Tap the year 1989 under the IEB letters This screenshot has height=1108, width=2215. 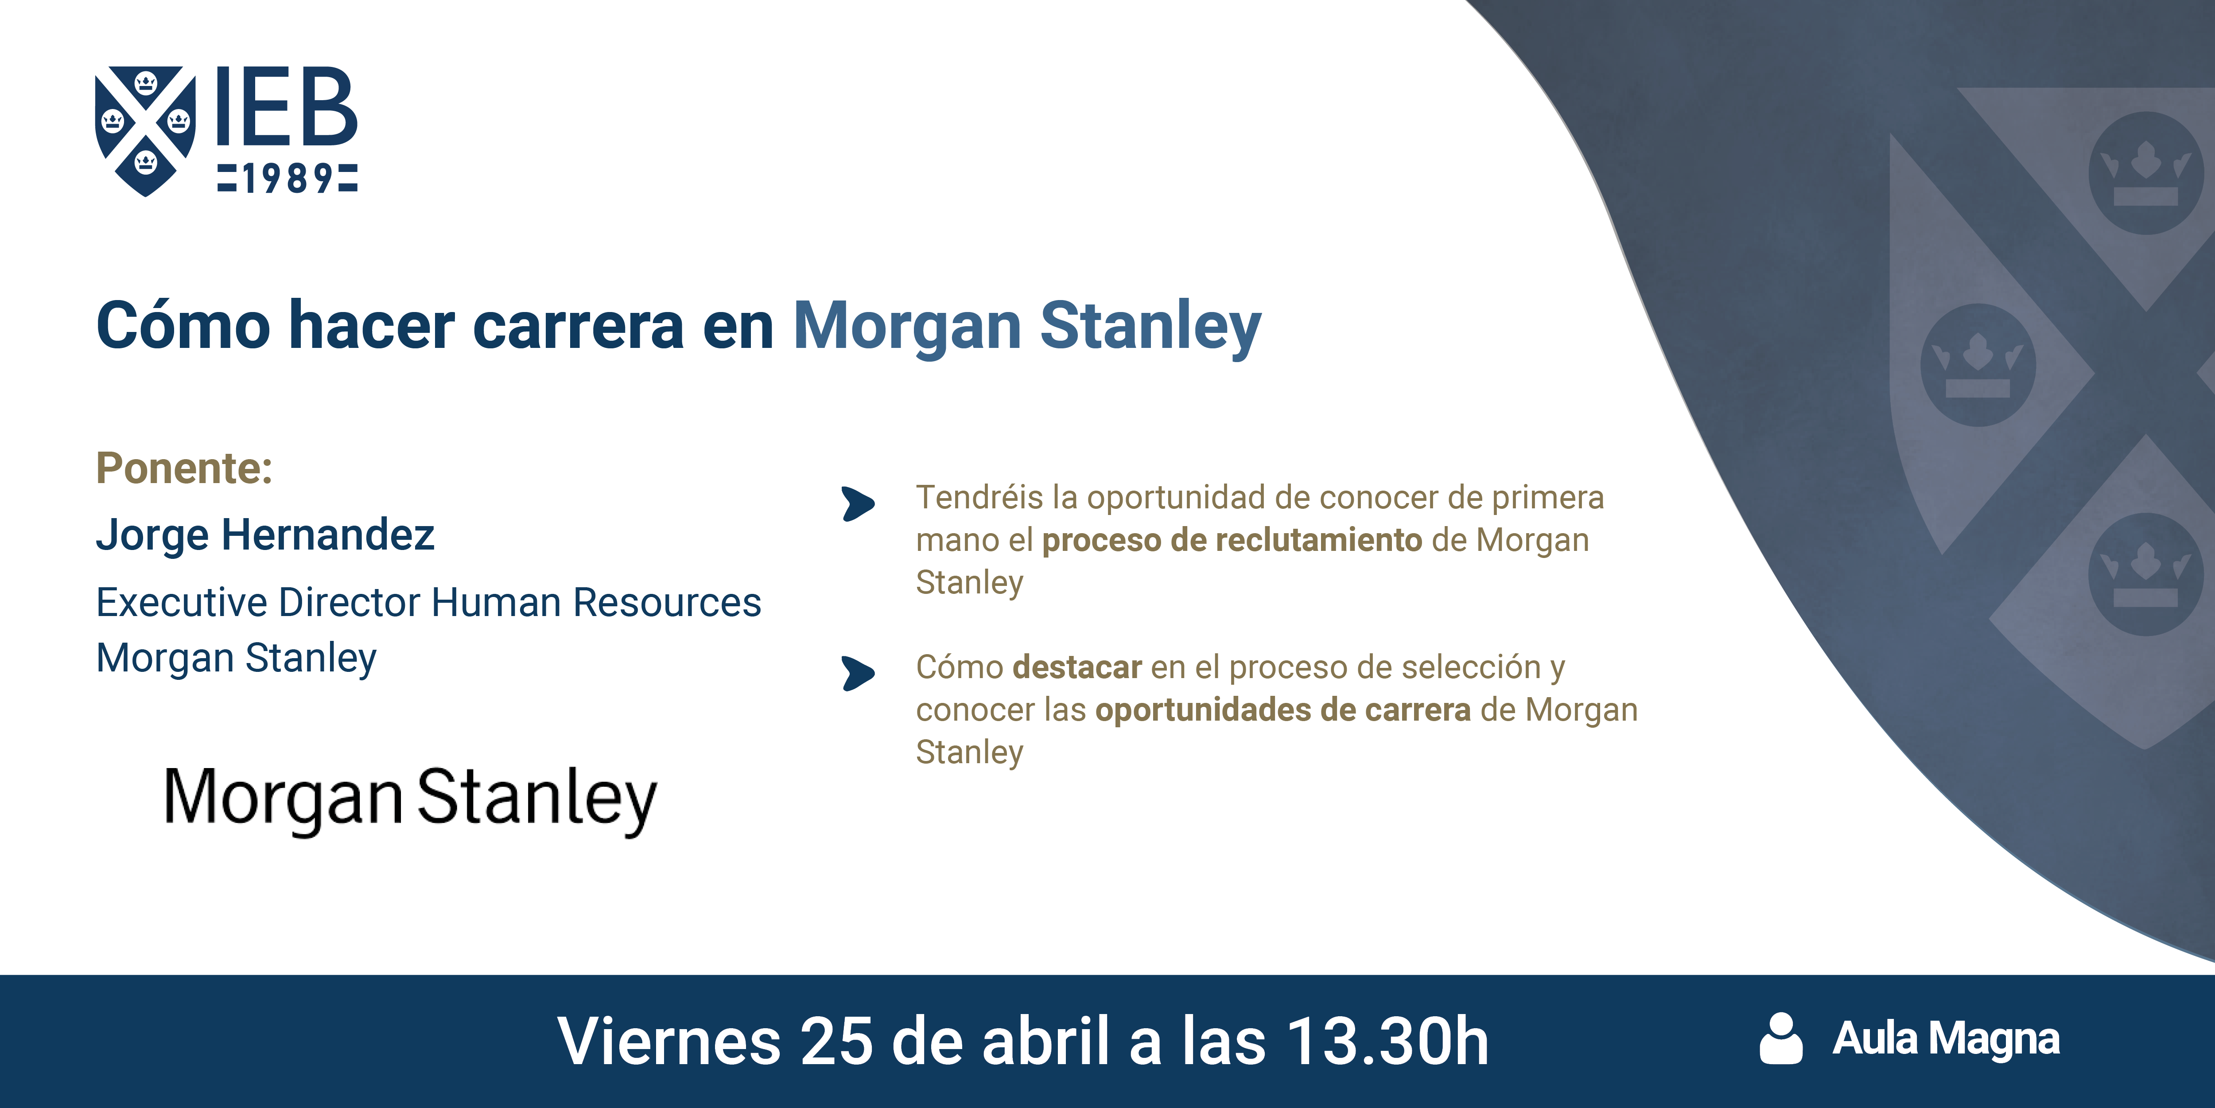[287, 178]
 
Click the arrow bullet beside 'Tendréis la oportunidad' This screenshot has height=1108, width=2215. [858, 504]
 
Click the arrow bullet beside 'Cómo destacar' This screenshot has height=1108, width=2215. [858, 674]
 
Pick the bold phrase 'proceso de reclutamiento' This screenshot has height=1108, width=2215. [1232, 540]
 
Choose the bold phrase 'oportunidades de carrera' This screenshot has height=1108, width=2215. [1283, 710]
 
